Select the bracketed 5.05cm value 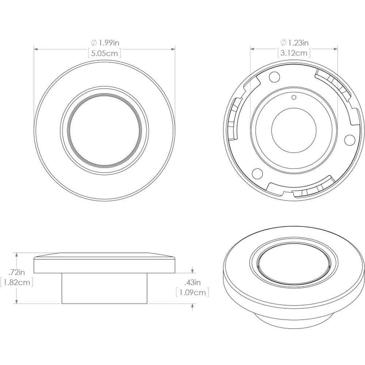pos(105,53)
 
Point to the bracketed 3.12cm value pos(294,53)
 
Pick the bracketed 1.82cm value pos(17,282)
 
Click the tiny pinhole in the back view pos(294,97)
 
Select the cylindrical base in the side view pos(104,288)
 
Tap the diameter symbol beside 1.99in pos(94,43)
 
